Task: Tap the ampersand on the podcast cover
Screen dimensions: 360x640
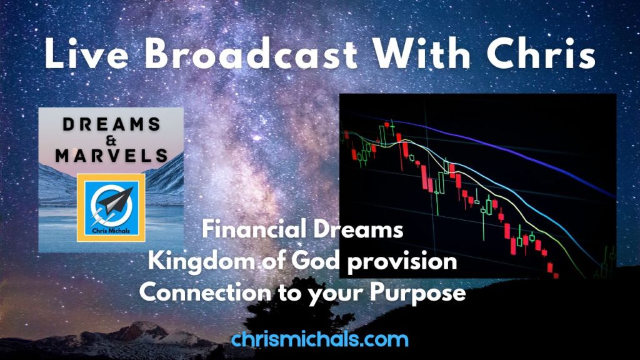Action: click(111, 141)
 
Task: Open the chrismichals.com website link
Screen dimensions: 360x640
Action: click(319, 339)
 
